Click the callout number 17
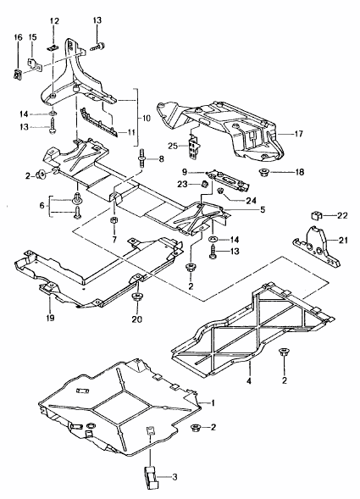298,134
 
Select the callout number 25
174,146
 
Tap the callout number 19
50,318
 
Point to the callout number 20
137,319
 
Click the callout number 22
342,215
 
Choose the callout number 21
343,241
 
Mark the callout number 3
174,477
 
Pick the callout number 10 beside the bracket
146,118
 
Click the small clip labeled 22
315,216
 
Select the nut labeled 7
114,220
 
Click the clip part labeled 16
17,75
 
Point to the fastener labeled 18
264,173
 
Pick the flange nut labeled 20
137,298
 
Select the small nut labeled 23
205,183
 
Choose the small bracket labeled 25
194,146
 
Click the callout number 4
248,380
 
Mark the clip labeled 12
53,47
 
